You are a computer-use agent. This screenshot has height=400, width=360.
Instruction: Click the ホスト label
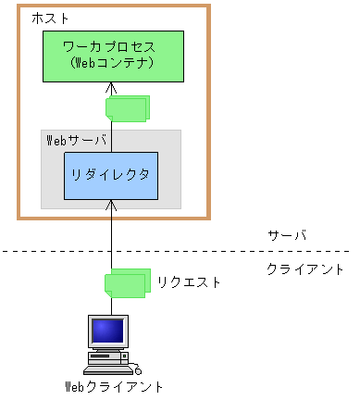click(50, 19)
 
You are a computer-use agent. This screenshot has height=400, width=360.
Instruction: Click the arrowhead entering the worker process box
click(111, 88)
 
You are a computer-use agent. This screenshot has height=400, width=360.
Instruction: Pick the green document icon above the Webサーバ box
click(127, 107)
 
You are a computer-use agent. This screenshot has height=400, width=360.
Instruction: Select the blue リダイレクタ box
click(110, 174)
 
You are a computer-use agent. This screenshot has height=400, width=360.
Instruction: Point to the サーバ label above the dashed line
click(286, 235)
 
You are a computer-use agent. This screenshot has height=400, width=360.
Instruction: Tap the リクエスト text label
click(189, 281)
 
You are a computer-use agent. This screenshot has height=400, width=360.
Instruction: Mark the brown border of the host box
click(19, 111)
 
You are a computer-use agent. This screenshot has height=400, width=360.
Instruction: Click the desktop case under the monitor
click(108, 354)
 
